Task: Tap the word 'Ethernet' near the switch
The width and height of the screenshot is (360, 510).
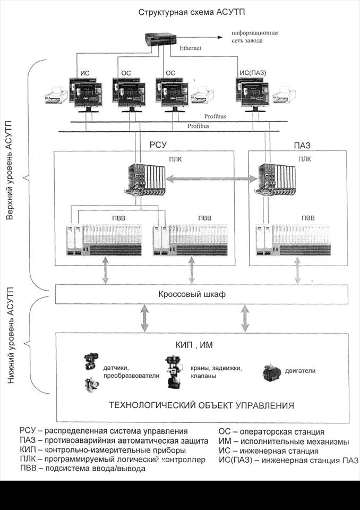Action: click(x=191, y=48)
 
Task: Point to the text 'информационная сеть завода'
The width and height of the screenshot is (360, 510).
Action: click(x=254, y=36)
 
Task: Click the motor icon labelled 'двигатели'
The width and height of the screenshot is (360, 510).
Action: click(x=272, y=373)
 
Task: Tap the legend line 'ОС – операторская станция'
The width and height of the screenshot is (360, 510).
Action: click(x=271, y=432)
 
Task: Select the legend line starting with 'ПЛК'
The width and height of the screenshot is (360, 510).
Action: click(x=112, y=460)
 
